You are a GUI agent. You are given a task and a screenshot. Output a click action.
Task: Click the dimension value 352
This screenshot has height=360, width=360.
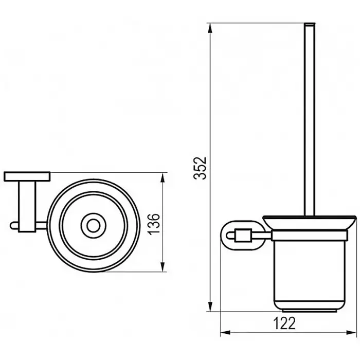(x=200, y=168)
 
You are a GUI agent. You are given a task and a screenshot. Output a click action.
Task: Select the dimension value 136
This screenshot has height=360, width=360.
(x=154, y=224)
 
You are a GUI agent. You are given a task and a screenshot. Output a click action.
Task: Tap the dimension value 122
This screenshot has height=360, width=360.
(x=284, y=323)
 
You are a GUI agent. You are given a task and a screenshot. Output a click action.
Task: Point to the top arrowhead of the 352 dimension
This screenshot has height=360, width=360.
(x=210, y=29)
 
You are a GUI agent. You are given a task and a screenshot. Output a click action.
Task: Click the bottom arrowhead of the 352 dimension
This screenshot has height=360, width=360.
(x=210, y=306)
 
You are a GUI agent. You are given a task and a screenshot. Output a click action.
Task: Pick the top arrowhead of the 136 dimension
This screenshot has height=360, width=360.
(x=163, y=178)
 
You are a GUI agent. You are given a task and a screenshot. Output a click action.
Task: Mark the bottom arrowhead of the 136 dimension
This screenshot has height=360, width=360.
(x=163, y=266)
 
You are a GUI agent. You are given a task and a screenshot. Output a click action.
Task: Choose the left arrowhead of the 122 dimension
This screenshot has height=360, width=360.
(x=226, y=332)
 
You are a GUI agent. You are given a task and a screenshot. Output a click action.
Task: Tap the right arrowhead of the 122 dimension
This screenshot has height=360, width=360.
(x=351, y=332)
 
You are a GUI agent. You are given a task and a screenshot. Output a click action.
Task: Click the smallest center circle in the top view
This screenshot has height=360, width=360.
(x=94, y=226)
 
